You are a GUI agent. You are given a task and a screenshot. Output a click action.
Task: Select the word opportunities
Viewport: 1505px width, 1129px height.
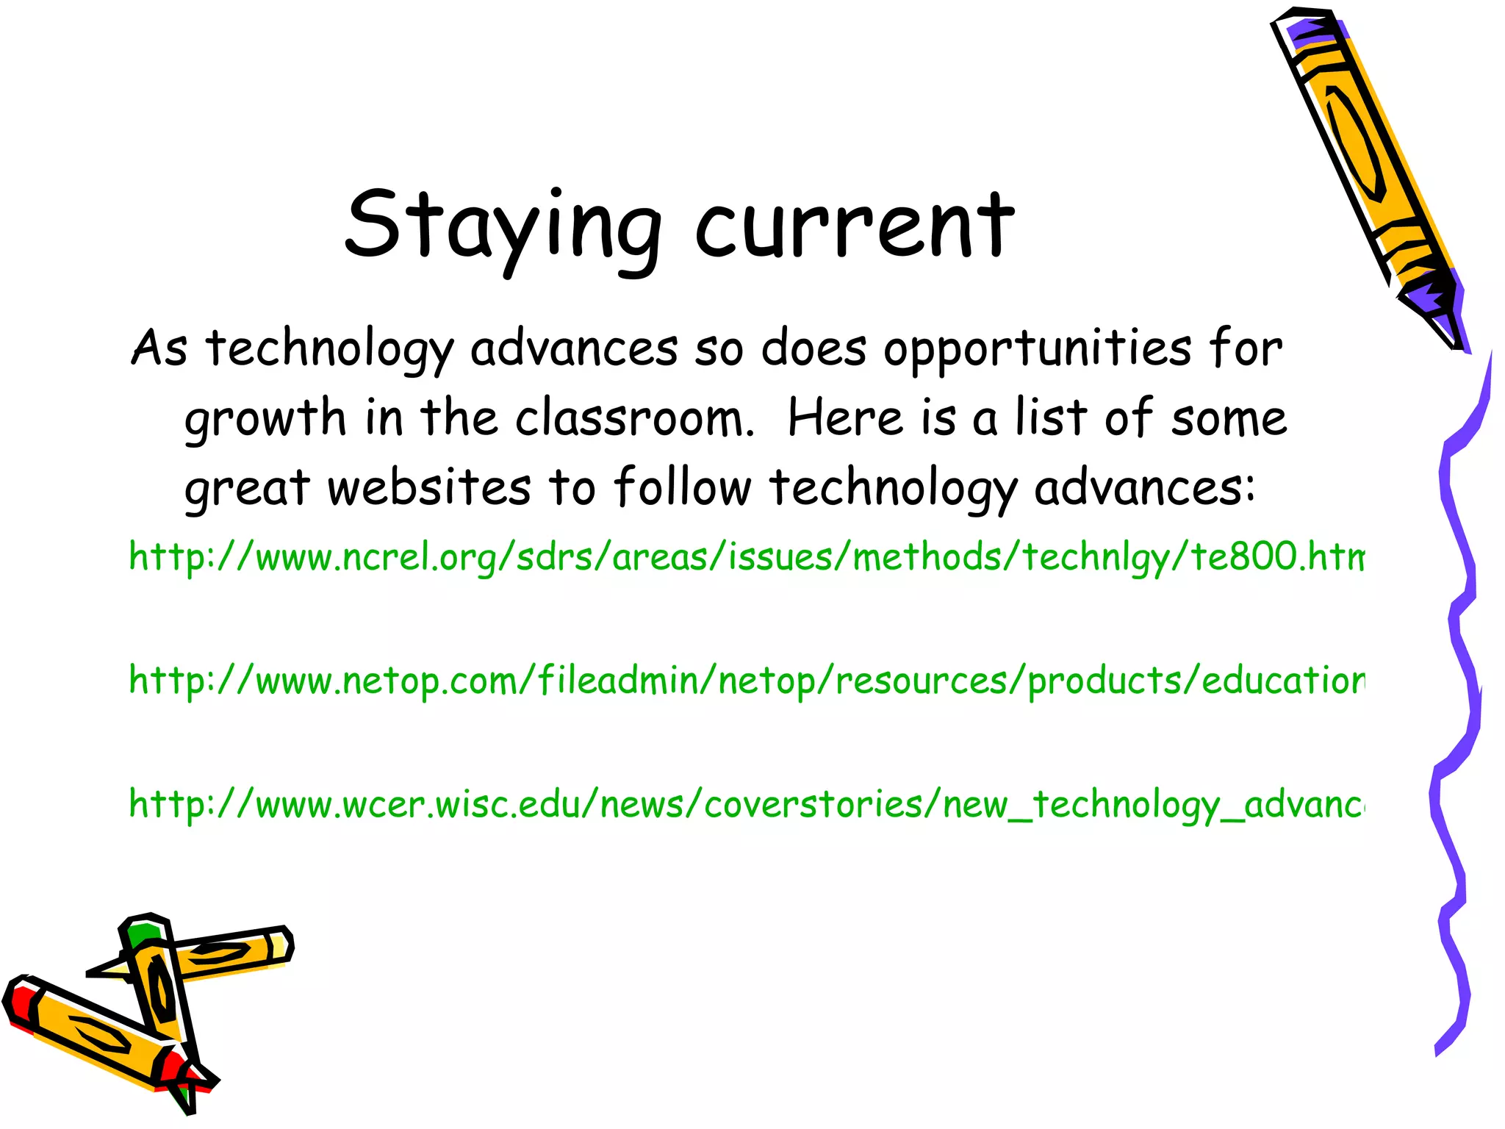pyautogui.click(x=1037, y=349)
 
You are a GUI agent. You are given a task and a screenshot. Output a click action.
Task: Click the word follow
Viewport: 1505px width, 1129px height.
pyautogui.click(x=682, y=487)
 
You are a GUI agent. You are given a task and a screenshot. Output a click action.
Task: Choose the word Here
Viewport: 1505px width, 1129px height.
pyautogui.click(x=845, y=417)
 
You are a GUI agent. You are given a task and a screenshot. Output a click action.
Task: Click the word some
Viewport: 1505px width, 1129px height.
pyautogui.click(x=1229, y=417)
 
